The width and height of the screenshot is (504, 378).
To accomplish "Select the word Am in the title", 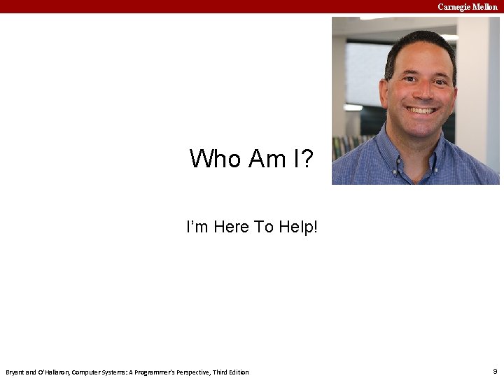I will (263, 159).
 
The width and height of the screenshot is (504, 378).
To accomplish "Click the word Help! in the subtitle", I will (300, 227).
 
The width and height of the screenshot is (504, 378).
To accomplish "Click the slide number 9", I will (494, 370).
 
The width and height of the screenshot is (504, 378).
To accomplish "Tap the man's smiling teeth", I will (422, 110).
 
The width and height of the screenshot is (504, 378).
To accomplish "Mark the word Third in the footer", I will (217, 372).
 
